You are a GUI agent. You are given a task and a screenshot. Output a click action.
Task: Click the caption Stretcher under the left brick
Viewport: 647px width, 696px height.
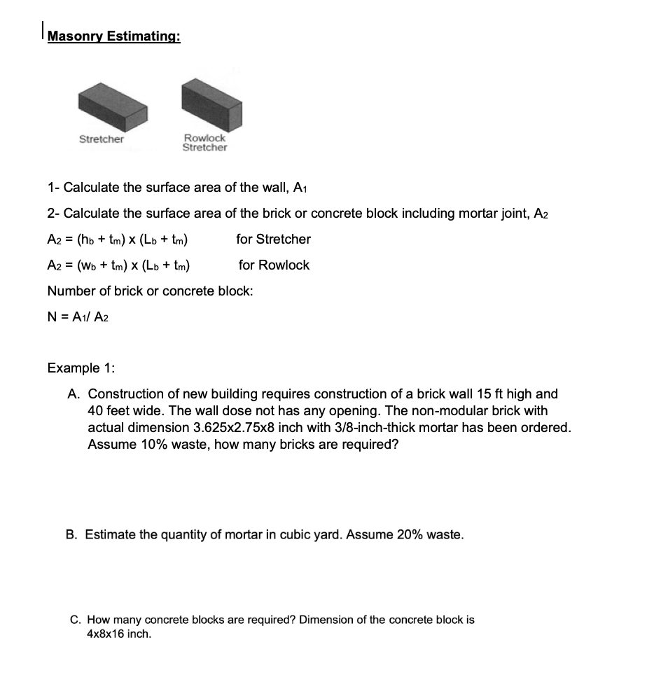coord(102,139)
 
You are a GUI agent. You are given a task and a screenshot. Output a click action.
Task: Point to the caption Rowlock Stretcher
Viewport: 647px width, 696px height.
coord(204,143)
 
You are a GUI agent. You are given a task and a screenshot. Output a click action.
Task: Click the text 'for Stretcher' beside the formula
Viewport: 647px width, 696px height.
coord(273,239)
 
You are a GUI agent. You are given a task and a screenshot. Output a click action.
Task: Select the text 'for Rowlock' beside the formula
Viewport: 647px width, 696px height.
coord(274,265)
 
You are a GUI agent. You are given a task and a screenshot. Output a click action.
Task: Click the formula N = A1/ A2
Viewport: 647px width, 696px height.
coord(78,316)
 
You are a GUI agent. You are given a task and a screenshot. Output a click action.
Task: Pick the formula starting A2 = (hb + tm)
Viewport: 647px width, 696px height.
coord(119,239)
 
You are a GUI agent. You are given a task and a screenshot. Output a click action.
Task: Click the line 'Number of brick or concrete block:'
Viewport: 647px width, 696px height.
coord(150,291)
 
